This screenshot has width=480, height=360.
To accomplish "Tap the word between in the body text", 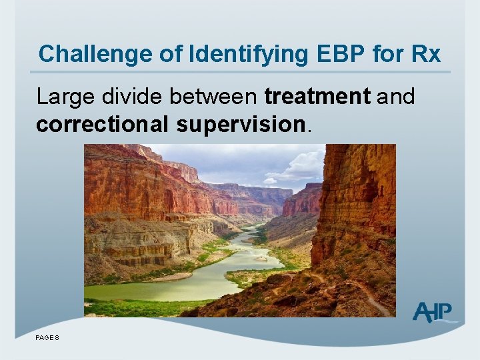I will (x=213, y=97).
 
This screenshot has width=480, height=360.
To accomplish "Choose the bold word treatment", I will (x=317, y=97).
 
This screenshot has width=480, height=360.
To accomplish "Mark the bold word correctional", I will (x=103, y=125).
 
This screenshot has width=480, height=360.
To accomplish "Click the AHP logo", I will (x=434, y=312).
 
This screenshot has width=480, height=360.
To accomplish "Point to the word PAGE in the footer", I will (x=44, y=338).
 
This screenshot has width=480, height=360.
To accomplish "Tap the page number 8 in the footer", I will (x=57, y=338).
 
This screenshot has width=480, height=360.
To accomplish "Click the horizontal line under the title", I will (x=240, y=72).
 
